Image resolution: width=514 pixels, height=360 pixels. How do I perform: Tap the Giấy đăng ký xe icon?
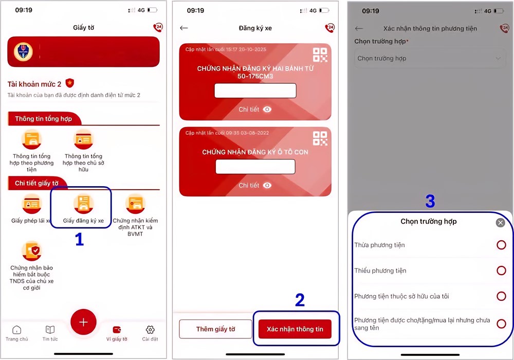click(83, 204)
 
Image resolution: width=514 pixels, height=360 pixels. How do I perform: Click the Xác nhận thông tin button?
click(295, 329)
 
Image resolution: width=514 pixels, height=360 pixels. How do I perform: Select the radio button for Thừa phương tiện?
click(501, 245)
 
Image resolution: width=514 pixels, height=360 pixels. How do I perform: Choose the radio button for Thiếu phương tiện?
click(501, 271)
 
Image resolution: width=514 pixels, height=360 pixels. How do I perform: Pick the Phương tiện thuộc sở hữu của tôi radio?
click(501, 296)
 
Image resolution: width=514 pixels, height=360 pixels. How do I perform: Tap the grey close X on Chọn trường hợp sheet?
click(500, 223)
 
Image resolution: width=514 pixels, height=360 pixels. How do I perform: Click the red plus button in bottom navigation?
click(83, 322)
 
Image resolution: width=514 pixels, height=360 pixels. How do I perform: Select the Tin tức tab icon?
click(50, 330)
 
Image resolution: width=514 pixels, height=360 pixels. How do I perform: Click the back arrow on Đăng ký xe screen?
click(184, 28)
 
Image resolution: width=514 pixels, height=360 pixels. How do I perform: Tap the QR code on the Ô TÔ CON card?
click(320, 138)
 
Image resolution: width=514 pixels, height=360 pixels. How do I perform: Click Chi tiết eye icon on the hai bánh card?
click(267, 110)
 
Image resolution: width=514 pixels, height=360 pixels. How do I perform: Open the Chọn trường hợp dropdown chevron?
click(498, 59)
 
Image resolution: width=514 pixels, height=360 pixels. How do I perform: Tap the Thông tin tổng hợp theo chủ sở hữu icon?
click(83, 140)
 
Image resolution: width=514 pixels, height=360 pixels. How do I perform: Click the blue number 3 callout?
click(430, 202)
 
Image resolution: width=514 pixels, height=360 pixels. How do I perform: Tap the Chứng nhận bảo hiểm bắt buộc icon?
click(32, 251)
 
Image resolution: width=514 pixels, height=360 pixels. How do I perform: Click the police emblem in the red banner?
click(23, 51)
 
